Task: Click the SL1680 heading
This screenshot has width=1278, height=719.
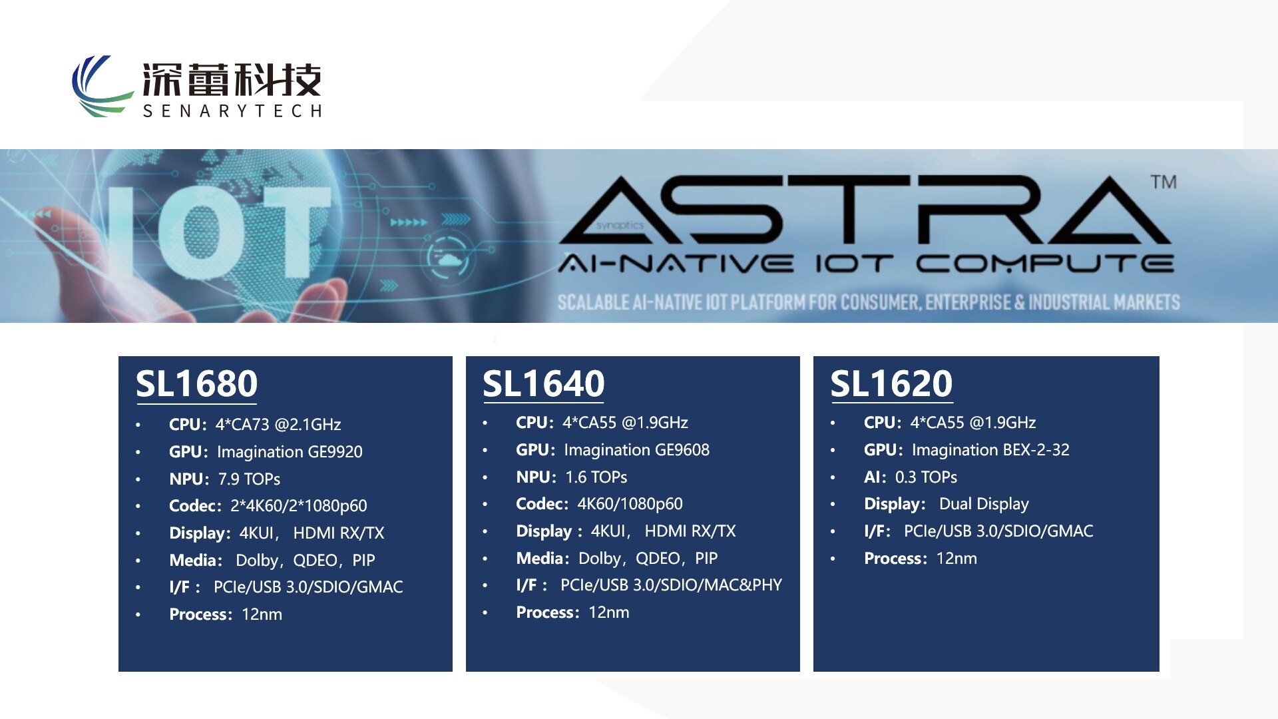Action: (x=196, y=384)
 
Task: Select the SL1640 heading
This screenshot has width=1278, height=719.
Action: (x=543, y=384)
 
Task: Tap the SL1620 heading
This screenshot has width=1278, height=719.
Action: (x=891, y=384)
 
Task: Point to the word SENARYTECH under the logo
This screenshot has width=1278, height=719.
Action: (x=232, y=111)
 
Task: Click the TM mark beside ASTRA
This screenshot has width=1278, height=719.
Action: (x=1164, y=182)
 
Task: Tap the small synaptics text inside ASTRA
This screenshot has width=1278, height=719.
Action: (x=620, y=226)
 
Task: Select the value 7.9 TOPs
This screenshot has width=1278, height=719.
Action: (x=249, y=479)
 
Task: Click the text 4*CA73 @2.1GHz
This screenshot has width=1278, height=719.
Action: (x=278, y=425)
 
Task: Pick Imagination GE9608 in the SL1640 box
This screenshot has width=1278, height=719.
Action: (x=636, y=450)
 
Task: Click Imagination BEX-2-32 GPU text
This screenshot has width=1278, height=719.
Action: (x=990, y=450)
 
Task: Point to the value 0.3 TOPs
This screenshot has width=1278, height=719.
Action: (x=926, y=477)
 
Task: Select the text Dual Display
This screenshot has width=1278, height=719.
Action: (x=984, y=504)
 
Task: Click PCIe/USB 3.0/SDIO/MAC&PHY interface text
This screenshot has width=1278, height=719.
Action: (x=671, y=585)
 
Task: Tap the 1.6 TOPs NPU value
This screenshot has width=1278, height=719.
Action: (x=596, y=477)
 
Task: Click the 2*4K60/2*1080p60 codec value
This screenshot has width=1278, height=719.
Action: (x=298, y=506)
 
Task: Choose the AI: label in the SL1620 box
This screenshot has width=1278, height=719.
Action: (x=875, y=477)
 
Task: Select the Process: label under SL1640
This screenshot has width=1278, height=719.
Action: (x=547, y=612)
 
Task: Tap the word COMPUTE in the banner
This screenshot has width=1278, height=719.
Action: (x=1044, y=264)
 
